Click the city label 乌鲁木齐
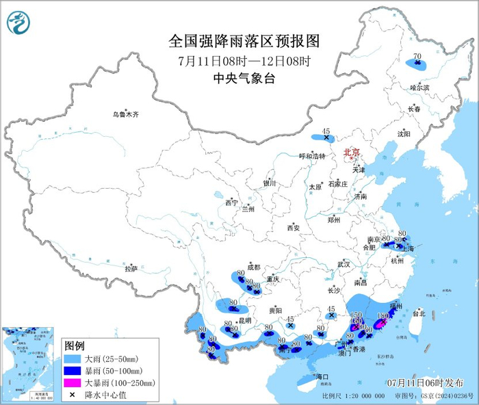pyautogui.click(x=126, y=114)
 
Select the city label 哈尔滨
pyautogui.click(x=419, y=88)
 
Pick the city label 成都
pyautogui.click(x=254, y=267)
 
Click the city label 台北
pyautogui.click(x=417, y=313)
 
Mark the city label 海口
pyautogui.click(x=322, y=377)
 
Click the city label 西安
pyautogui.click(x=294, y=227)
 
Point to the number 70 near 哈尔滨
pyautogui.click(x=416, y=57)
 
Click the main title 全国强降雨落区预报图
pyautogui.click(x=244, y=41)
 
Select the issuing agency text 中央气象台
pyautogui.click(x=244, y=79)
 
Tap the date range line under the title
pyautogui.click(x=244, y=60)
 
